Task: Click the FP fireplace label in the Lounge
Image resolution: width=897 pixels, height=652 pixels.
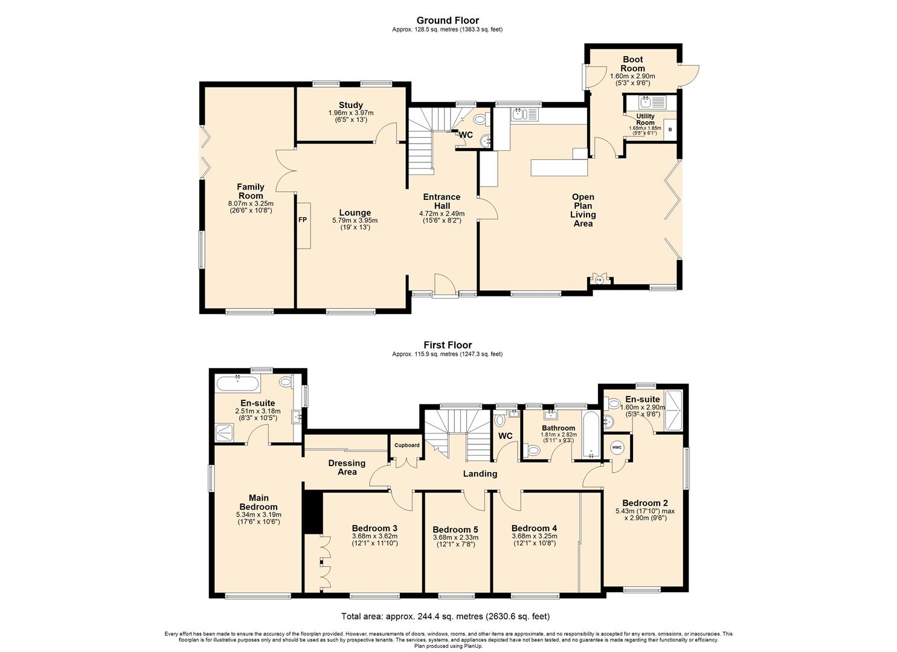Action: [303, 220]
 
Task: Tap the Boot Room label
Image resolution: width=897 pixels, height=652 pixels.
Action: [632, 64]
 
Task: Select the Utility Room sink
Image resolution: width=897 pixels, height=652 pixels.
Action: [646, 101]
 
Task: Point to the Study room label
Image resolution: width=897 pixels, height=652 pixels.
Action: [350, 106]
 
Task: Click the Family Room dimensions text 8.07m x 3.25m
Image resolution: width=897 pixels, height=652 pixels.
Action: [250, 204]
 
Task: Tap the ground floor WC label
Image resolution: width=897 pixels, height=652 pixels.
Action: [466, 135]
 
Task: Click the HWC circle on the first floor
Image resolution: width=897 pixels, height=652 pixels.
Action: [617, 447]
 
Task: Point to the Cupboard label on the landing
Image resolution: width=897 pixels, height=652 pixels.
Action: [407, 446]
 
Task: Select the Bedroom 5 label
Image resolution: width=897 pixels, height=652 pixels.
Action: [455, 529]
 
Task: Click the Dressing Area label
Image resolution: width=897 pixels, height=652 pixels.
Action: [347, 467]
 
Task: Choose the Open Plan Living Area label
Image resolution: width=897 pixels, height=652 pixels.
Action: [583, 210]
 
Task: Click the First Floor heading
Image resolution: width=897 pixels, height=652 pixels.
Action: [448, 345]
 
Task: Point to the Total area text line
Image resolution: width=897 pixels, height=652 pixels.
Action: [446, 616]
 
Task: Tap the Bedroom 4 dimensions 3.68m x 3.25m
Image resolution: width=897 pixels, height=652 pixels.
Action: [534, 536]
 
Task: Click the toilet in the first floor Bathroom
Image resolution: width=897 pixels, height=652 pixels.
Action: [533, 450]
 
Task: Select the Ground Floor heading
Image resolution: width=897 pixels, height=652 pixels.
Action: [448, 21]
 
